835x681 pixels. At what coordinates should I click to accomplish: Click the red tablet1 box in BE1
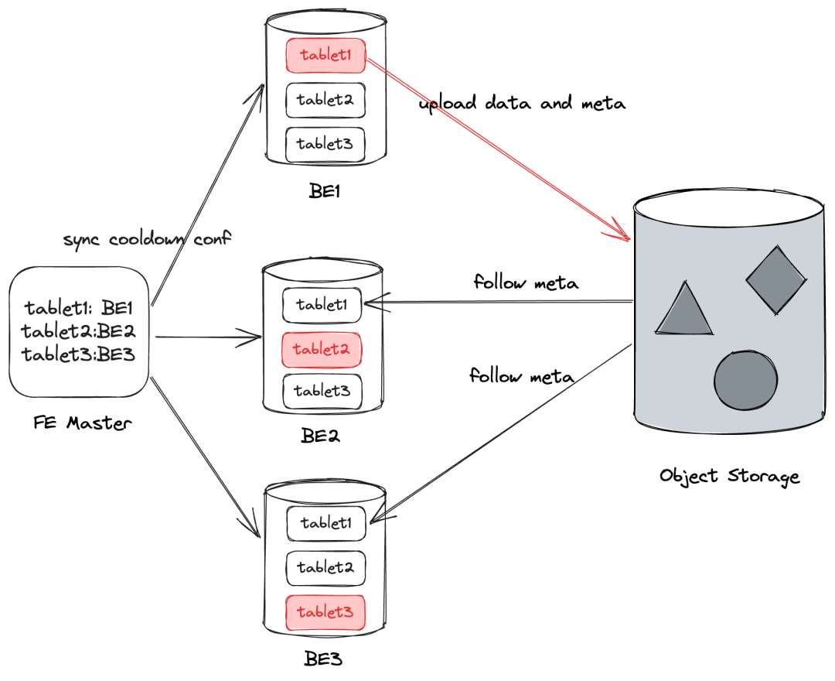point(325,56)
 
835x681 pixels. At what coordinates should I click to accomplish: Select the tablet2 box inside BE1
point(325,100)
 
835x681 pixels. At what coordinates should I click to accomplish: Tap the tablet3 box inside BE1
point(325,144)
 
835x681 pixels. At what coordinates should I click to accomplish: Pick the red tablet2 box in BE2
point(322,350)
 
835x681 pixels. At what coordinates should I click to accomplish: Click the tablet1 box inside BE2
point(322,305)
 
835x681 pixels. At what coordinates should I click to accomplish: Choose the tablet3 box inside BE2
point(322,391)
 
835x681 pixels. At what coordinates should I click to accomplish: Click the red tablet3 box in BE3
point(325,613)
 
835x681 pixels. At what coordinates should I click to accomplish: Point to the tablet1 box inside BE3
point(325,524)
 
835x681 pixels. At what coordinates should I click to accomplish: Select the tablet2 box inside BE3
point(325,568)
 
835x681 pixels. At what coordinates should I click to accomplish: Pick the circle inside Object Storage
point(745,381)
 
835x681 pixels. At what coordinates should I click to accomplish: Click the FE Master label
point(83,423)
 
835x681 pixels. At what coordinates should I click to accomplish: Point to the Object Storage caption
point(729,475)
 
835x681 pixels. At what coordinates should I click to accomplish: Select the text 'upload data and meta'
point(522,104)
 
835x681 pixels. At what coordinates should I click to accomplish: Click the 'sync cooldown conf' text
point(148,239)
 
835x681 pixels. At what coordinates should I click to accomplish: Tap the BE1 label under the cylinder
point(325,190)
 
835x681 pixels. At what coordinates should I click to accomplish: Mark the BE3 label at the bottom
point(322,660)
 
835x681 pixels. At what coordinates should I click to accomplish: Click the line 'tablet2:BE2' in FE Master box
point(80,333)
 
